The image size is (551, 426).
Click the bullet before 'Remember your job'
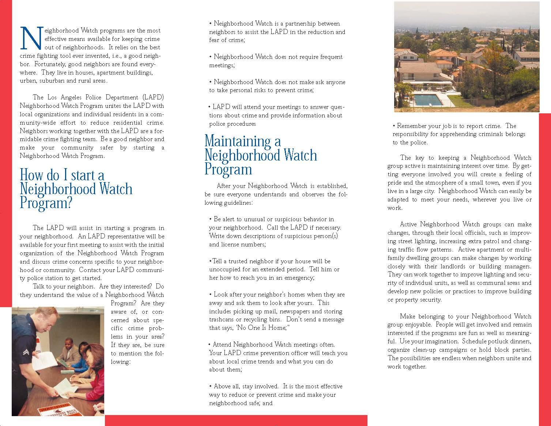coord(394,126)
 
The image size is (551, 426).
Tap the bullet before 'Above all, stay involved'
coord(210,387)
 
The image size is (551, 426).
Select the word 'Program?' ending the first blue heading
coord(46,203)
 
